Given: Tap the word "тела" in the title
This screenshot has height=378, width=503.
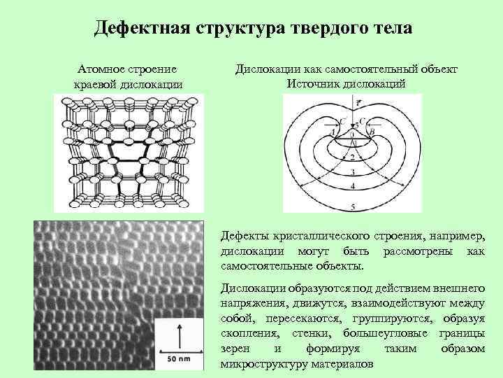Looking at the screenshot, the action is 388,29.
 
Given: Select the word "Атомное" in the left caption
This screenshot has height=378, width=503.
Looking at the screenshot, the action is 105,70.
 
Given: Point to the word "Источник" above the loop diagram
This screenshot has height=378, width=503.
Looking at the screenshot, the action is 313,84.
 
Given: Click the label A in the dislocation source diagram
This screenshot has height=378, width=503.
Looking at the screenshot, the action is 334,131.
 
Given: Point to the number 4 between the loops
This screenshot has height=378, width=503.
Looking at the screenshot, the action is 353,186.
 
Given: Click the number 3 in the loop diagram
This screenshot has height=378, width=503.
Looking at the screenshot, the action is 353,172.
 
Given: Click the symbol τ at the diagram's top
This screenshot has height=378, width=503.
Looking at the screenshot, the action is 358,103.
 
